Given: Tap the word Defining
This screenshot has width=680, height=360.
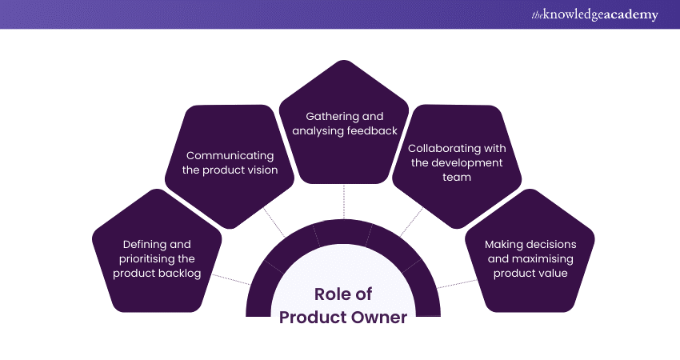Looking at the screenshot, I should tap(144, 244).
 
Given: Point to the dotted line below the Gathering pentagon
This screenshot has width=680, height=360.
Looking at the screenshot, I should tap(343, 201).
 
